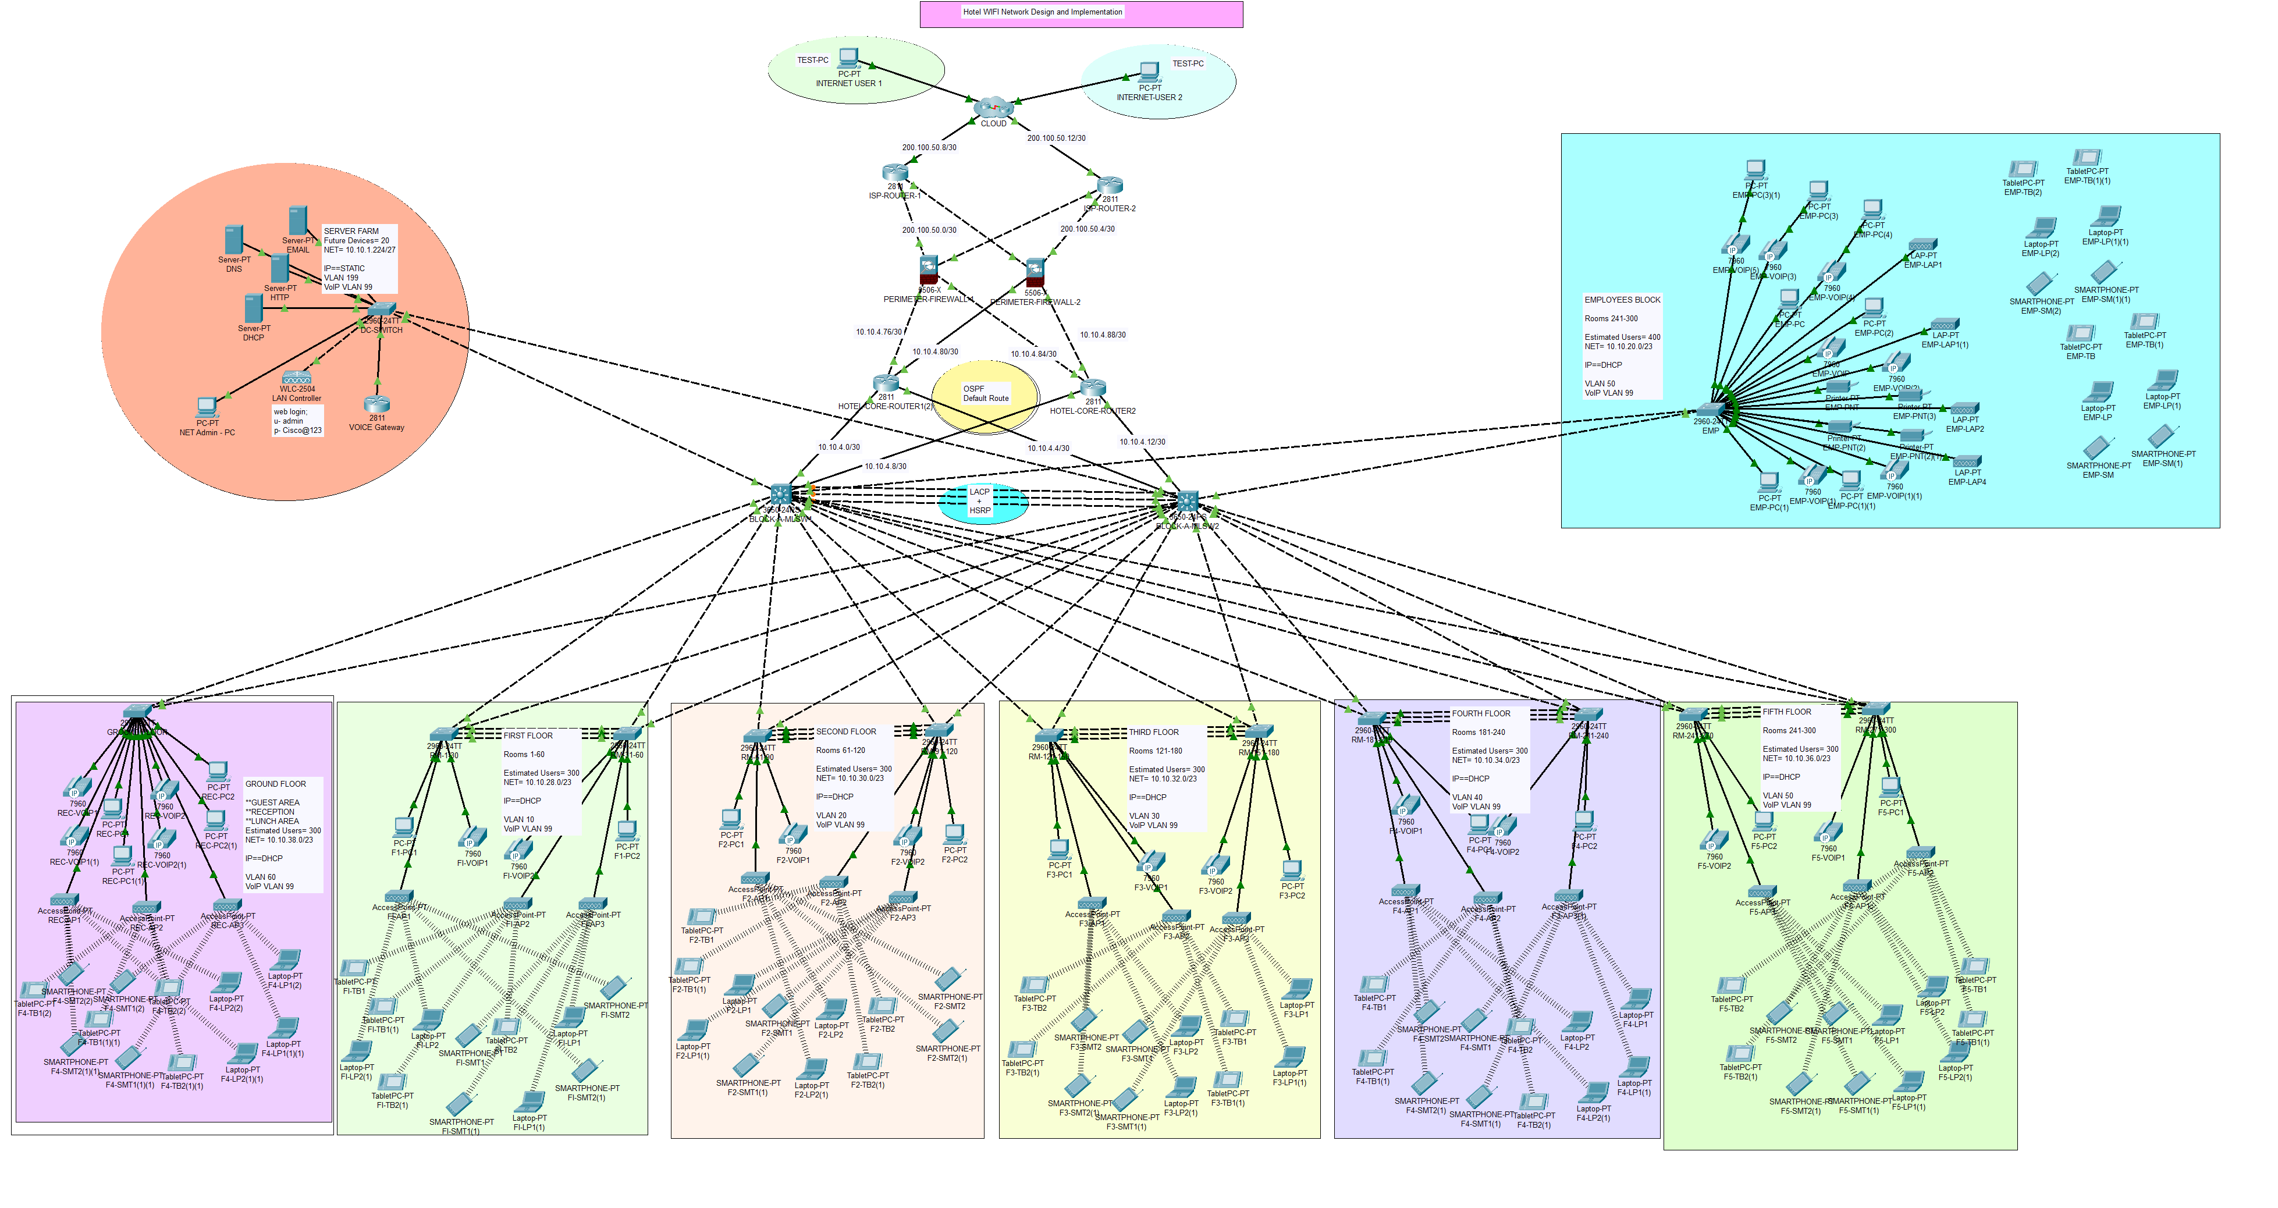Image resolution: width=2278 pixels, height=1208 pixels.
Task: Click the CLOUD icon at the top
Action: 992,108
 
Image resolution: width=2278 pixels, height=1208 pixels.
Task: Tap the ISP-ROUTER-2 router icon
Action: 1110,185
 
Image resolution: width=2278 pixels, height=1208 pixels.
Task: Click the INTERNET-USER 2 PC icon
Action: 1150,72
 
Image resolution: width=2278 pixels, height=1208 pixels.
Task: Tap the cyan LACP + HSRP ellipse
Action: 982,502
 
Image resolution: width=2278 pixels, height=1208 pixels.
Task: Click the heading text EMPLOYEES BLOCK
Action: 1622,300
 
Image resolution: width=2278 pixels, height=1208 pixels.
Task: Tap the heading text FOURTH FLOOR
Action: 1480,713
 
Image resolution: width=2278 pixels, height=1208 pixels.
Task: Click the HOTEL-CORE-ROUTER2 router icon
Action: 1093,388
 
